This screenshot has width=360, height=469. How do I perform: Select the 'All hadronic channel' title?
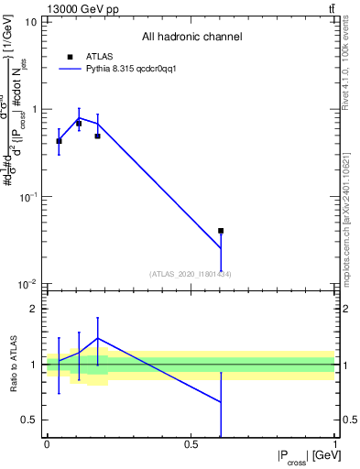coord(191,38)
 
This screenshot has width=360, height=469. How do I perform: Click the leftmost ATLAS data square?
coord(59,140)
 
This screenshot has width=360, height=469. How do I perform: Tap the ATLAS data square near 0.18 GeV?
coord(97,136)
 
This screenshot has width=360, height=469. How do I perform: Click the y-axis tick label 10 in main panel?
coord(30,21)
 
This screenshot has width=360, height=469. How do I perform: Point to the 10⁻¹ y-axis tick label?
coord(27,197)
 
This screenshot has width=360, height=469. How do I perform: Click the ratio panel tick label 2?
coord(34,309)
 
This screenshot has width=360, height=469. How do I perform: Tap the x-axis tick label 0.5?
coord(191,444)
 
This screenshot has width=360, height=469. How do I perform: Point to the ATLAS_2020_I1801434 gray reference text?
coord(191,274)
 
